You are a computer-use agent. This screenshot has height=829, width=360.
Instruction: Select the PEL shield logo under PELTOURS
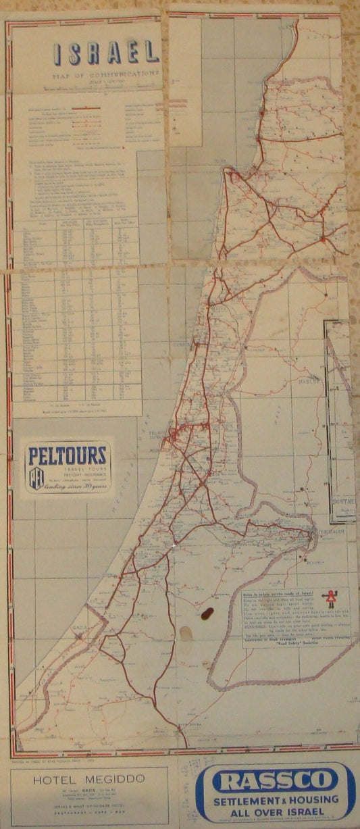coord(36,478)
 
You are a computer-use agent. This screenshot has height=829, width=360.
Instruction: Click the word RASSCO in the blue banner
coord(275,782)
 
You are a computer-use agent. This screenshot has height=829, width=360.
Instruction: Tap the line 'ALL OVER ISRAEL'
coord(276,812)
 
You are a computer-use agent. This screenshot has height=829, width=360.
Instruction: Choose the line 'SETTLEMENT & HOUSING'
coord(276,800)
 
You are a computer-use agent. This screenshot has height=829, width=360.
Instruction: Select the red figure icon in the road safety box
coord(330,599)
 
